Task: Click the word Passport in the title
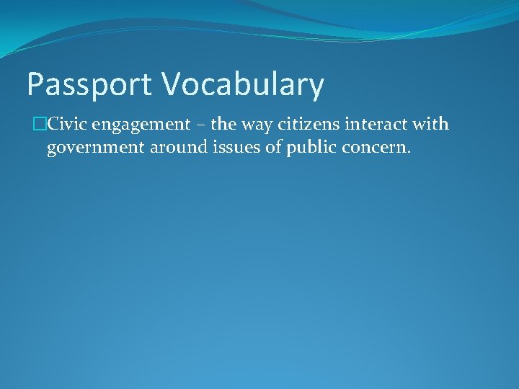tap(89, 85)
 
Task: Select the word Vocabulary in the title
tap(242, 85)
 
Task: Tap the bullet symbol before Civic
tap(40, 125)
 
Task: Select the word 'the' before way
tap(223, 125)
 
